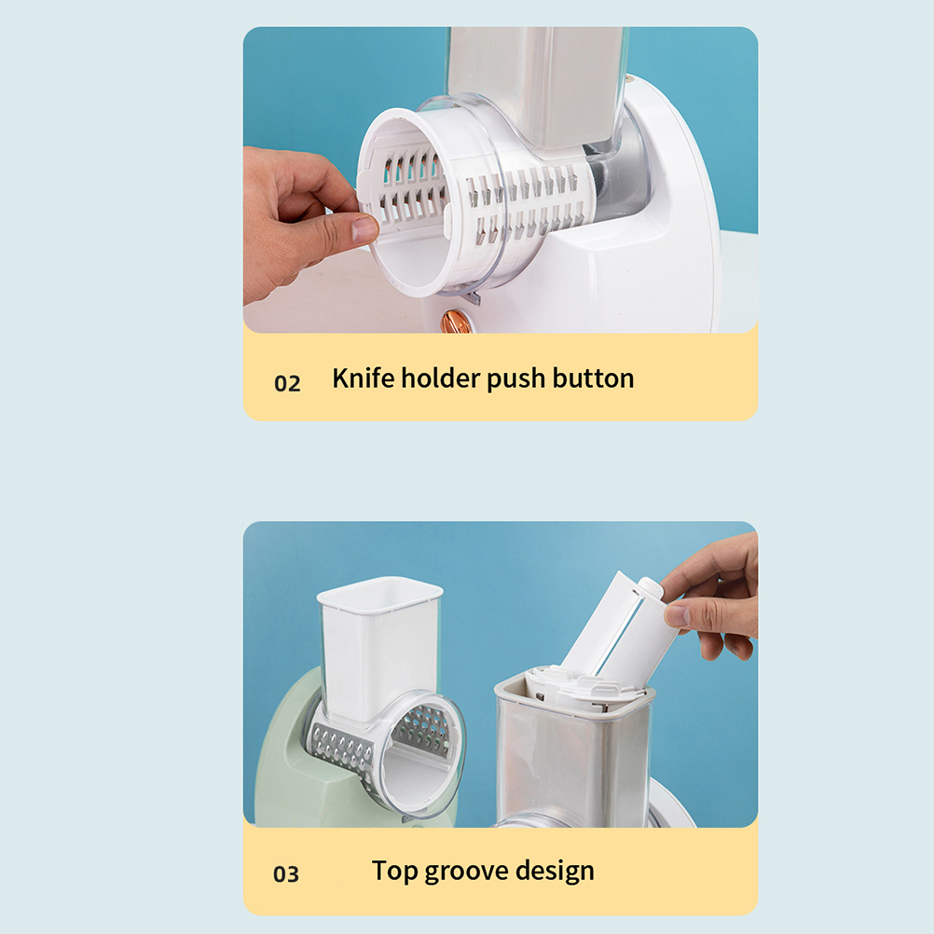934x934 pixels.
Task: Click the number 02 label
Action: pos(287,383)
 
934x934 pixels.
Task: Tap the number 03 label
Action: pos(286,873)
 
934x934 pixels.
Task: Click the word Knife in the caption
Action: pos(364,378)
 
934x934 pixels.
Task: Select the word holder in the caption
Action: pos(441,378)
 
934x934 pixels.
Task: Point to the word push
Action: pos(515,378)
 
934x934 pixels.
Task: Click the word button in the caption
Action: pos(593,378)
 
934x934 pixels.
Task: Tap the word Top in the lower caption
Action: pos(395,871)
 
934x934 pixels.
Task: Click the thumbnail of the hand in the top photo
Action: pos(364,228)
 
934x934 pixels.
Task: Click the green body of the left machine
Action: pos(286,768)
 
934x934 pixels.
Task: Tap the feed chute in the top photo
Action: pos(536,89)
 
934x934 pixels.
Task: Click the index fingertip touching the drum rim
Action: pos(364,228)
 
